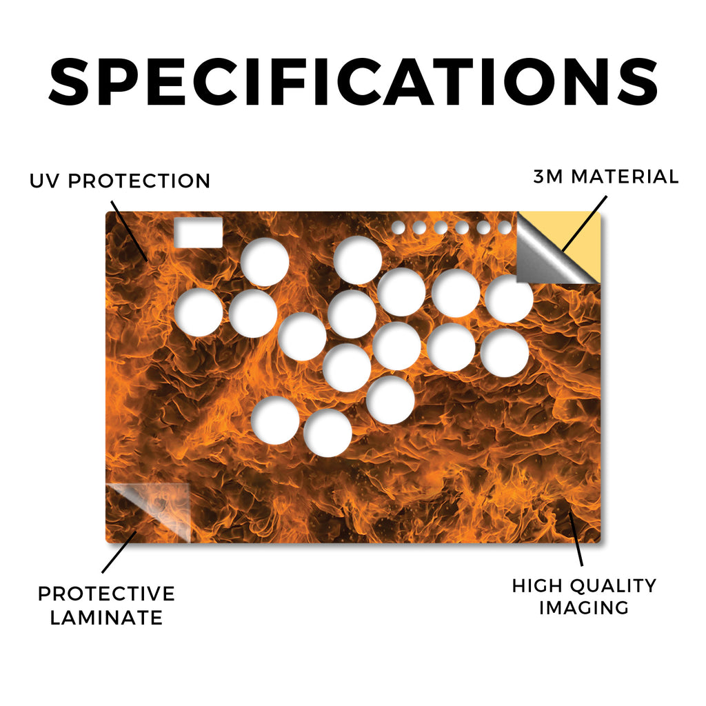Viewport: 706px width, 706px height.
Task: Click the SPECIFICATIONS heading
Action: [353, 82]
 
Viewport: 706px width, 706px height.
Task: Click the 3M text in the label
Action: [547, 176]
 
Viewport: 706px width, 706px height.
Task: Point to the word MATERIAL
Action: [625, 176]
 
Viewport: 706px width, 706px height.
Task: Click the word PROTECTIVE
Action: [107, 594]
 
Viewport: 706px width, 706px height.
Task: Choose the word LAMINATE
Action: [106, 618]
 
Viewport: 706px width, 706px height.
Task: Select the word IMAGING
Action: [584, 608]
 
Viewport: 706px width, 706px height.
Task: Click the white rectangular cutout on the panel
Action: [198, 233]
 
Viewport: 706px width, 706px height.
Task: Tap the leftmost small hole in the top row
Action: [398, 228]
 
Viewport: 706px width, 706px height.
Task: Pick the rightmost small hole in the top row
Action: [505, 228]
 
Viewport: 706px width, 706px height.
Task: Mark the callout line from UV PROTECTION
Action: [129, 230]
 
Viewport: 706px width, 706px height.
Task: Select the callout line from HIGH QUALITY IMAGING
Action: [576, 538]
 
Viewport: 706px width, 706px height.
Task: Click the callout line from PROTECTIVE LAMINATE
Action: [119, 552]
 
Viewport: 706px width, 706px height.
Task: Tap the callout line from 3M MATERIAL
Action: [585, 223]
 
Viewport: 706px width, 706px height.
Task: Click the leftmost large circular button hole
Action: [199, 312]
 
